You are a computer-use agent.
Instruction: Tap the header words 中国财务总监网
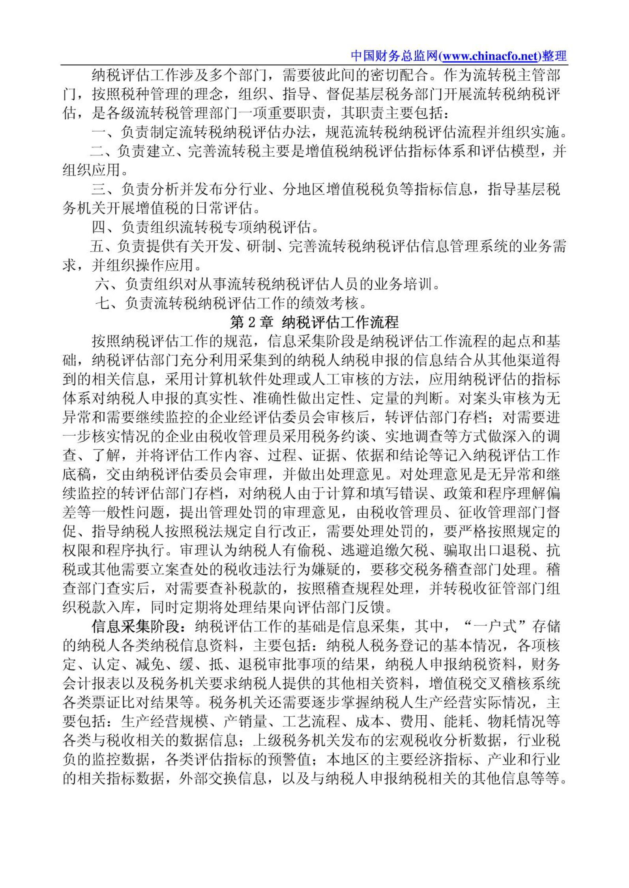click(x=394, y=56)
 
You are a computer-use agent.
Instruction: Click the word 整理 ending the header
click(x=554, y=56)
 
